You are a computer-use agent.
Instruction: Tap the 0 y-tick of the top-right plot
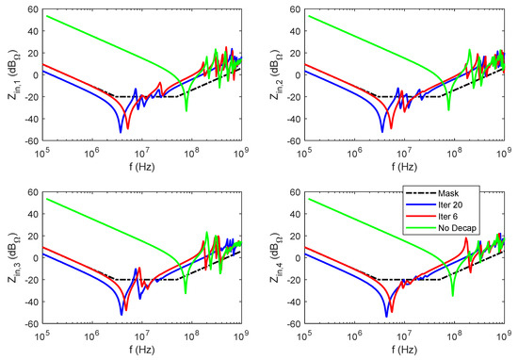click(299, 74)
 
